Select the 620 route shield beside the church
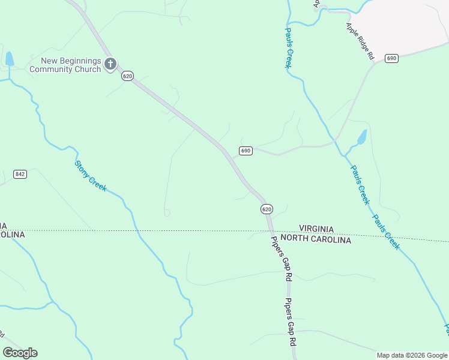(127, 76)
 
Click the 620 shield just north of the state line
(267, 209)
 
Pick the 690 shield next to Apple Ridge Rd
(392, 58)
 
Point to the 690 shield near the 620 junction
(246, 151)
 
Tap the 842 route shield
(20, 174)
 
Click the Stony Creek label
(91, 176)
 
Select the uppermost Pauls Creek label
(288, 48)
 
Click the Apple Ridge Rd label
(360, 41)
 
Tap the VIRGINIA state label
(316, 230)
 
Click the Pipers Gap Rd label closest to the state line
(280, 260)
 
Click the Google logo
(20, 353)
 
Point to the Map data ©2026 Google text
(411, 355)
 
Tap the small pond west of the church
(10, 59)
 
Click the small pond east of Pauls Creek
(361, 138)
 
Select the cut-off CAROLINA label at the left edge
(12, 235)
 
